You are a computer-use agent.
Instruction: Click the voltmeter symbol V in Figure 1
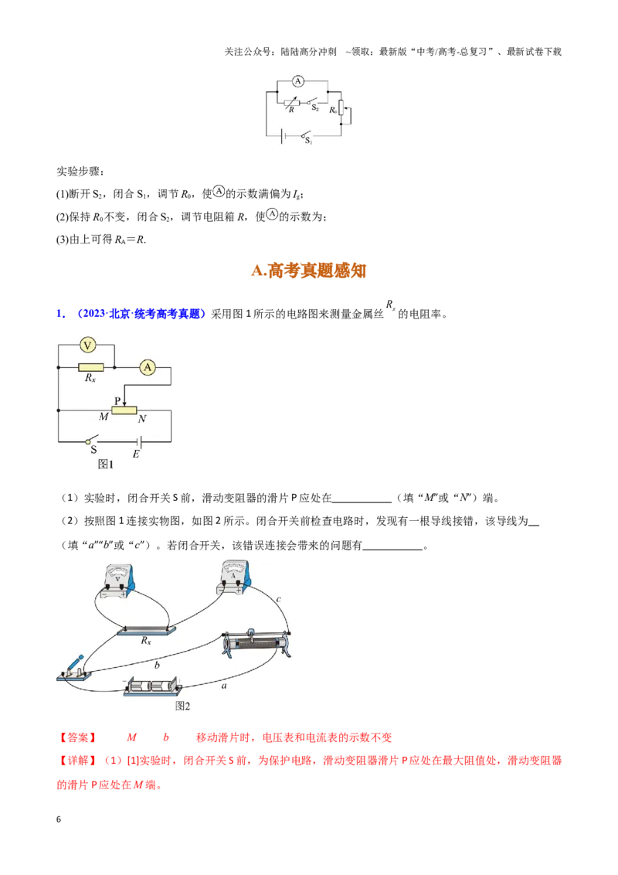(87, 346)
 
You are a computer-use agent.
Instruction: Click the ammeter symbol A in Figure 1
(148, 367)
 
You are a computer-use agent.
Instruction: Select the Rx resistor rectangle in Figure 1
(91, 367)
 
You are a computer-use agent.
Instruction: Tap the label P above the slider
(117, 400)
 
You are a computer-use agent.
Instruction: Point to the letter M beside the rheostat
(104, 417)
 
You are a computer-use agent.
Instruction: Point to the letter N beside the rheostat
(142, 418)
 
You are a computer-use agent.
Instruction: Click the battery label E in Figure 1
(135, 455)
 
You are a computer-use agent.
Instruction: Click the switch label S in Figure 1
(93, 449)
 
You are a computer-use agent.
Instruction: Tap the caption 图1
(105, 465)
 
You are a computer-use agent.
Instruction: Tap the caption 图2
(182, 706)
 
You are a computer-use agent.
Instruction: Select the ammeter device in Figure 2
(234, 577)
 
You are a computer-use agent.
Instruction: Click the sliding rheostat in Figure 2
(256, 645)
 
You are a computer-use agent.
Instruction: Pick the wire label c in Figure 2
(278, 599)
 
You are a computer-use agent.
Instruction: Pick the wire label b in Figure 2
(157, 665)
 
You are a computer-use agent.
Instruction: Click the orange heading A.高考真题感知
(308, 271)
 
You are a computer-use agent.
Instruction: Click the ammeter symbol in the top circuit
(298, 81)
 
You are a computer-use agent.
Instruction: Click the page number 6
(59, 819)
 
